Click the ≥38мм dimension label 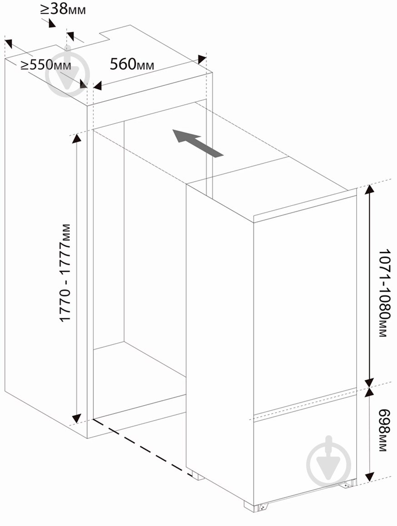pyautogui.click(x=63, y=10)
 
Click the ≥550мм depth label pyautogui.click(x=46, y=64)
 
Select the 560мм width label pyautogui.click(x=132, y=64)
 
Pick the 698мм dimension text pyautogui.click(x=383, y=430)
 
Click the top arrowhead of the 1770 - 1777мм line pyautogui.click(x=77, y=138)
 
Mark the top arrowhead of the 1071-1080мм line pyautogui.click(x=369, y=190)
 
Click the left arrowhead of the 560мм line pyautogui.click(x=98, y=86)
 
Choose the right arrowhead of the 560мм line pyautogui.click(x=202, y=59)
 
